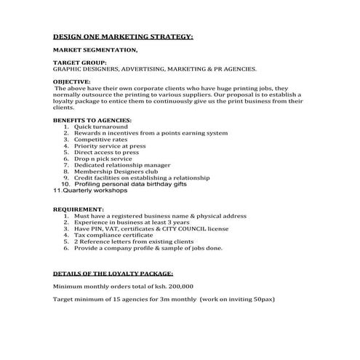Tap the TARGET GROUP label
[x=81, y=63]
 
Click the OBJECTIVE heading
[x=72, y=81]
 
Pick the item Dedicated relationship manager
[x=122, y=165]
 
